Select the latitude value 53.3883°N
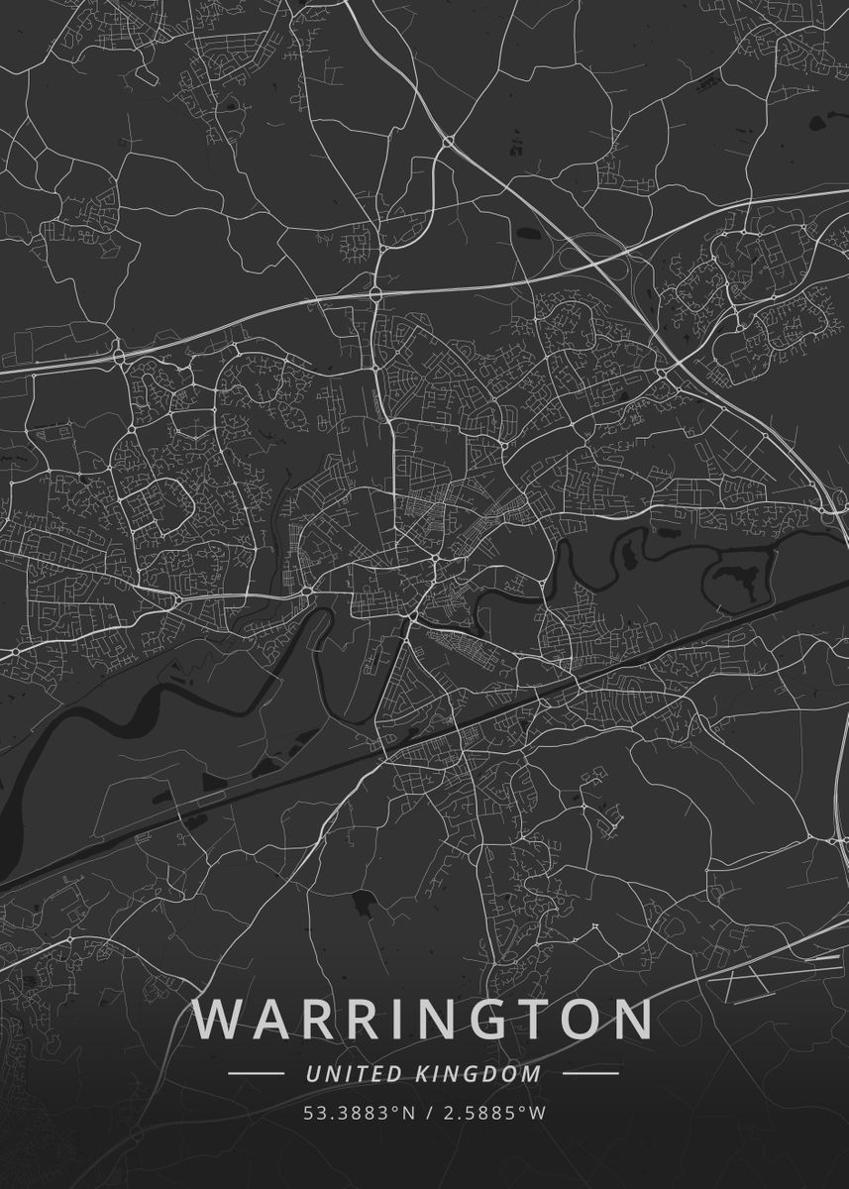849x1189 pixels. [359, 1113]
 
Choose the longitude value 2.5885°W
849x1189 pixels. [492, 1113]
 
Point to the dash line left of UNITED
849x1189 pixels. [256, 1073]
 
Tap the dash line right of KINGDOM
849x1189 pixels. [590, 1073]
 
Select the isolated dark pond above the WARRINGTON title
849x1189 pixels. [362, 902]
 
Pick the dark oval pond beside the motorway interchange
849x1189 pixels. [524, 235]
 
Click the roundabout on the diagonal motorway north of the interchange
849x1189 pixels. [448, 141]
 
